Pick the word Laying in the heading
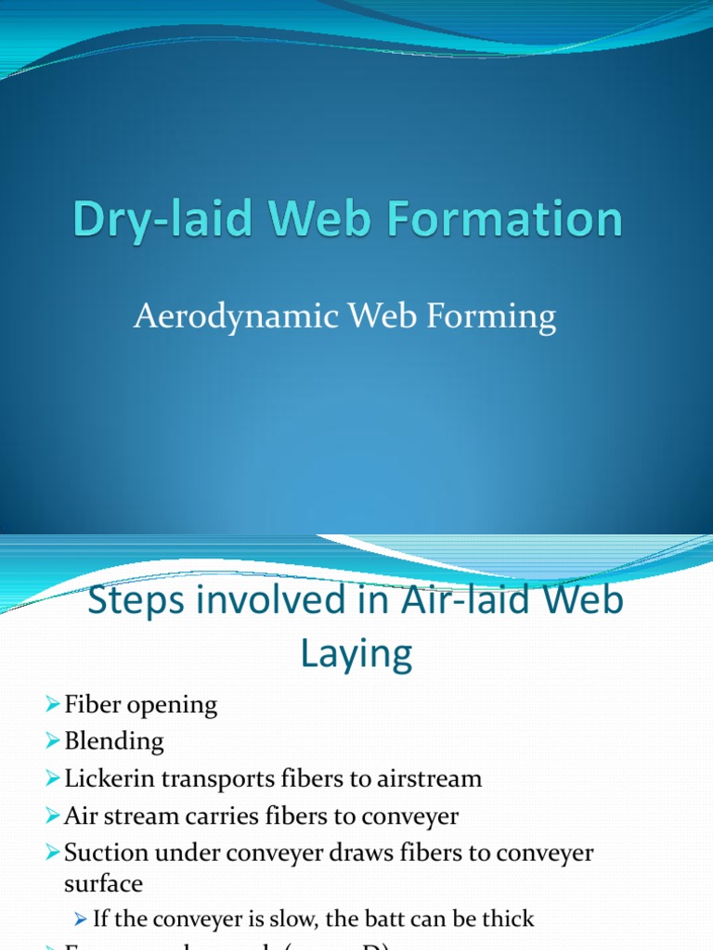(x=356, y=654)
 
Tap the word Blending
(x=114, y=741)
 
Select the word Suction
(x=105, y=853)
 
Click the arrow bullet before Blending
(x=53, y=742)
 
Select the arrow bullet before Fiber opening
(x=53, y=706)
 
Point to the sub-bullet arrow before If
(x=81, y=919)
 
